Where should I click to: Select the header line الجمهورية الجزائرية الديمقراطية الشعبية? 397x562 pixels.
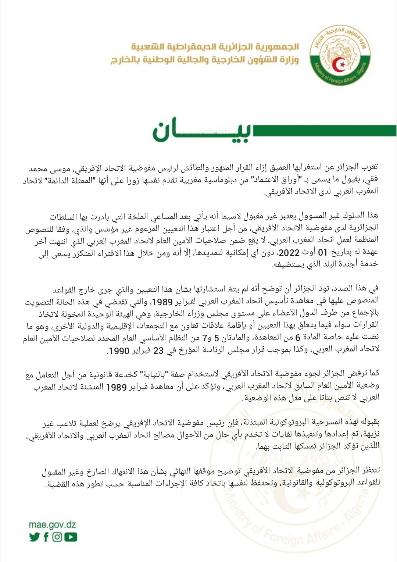click(x=215, y=47)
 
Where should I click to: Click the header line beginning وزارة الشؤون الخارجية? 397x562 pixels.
click(x=205, y=60)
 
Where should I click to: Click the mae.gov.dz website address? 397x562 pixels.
click(x=52, y=524)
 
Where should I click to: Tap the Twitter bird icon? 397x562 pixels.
click(x=34, y=537)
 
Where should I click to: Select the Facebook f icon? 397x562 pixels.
click(x=46, y=537)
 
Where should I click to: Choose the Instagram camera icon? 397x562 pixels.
click(x=57, y=537)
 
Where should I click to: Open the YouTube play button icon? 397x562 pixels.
click(x=71, y=537)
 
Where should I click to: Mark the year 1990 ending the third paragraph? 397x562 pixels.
click(x=119, y=351)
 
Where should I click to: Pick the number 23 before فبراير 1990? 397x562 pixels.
click(x=158, y=351)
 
